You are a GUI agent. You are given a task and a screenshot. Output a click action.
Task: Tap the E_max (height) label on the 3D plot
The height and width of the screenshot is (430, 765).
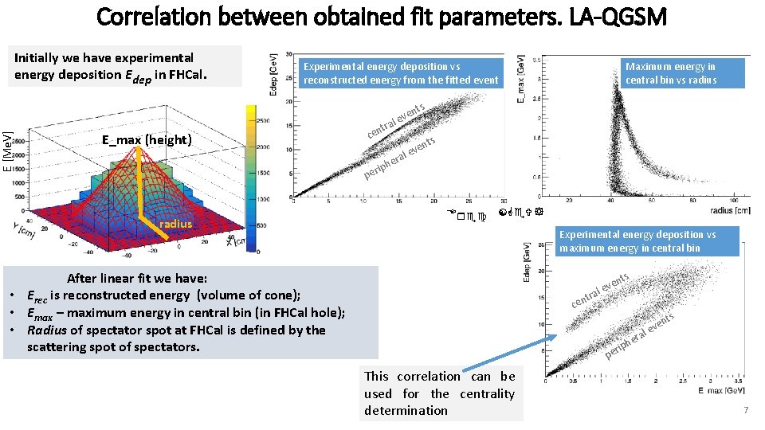point(147,140)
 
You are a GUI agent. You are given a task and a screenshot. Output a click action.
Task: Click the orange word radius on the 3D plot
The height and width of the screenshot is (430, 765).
point(175,224)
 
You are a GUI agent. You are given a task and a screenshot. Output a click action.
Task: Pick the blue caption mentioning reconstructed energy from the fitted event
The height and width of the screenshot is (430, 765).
point(401,73)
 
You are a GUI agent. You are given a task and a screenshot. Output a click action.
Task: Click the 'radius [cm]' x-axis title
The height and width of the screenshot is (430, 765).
point(724,211)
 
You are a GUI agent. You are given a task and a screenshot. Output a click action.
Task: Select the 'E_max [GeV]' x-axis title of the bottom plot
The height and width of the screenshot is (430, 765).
point(720,391)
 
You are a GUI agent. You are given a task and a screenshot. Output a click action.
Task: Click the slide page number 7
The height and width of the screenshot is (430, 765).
point(745,409)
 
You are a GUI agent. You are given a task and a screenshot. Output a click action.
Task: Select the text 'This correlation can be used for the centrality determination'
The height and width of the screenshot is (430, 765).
point(439,393)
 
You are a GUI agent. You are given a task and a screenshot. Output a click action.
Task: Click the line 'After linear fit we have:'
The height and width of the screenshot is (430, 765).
point(137,278)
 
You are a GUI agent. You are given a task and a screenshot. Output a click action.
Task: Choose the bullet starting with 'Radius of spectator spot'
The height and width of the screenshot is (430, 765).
point(175,338)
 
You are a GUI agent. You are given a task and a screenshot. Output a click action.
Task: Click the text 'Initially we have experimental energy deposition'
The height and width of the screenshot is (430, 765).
point(104,66)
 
